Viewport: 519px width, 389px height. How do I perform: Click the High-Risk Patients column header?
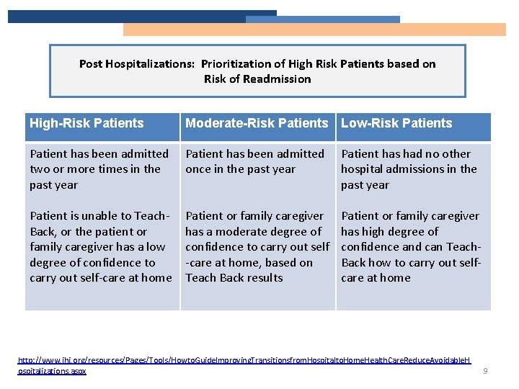coord(86,123)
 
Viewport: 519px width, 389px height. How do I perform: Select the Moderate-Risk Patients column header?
coord(256,123)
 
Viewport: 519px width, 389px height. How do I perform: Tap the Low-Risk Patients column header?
coord(396,123)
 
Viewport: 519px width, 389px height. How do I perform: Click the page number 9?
coord(486,372)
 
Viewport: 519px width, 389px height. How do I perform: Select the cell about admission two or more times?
coord(99,169)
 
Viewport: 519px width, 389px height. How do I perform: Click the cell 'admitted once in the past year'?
coord(254,161)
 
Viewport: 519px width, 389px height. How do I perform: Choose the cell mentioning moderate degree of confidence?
coord(257,247)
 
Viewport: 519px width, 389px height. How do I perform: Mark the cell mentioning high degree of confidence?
coord(411,247)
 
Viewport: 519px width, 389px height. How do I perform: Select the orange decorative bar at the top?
coord(314,30)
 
